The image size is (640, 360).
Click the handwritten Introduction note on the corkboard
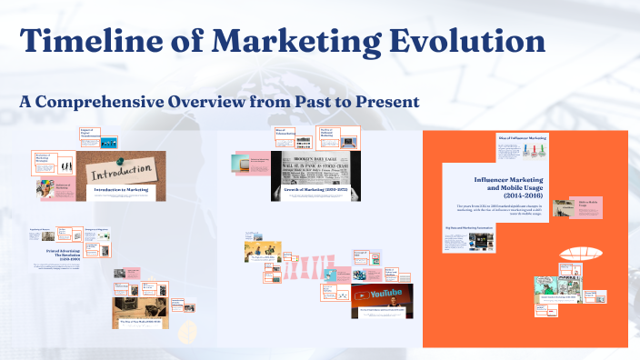[x=124, y=171]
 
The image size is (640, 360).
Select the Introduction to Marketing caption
[x=123, y=190]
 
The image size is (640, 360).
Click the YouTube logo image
[x=384, y=293]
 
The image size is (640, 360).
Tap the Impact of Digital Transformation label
[x=91, y=135]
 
